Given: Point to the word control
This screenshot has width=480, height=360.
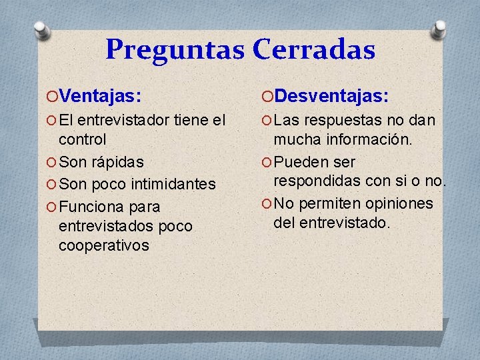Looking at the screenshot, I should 82,140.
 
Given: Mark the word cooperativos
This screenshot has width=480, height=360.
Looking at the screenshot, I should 103,245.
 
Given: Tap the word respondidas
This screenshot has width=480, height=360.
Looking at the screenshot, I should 313,181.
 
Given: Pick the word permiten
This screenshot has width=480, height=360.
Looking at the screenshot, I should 329,203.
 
